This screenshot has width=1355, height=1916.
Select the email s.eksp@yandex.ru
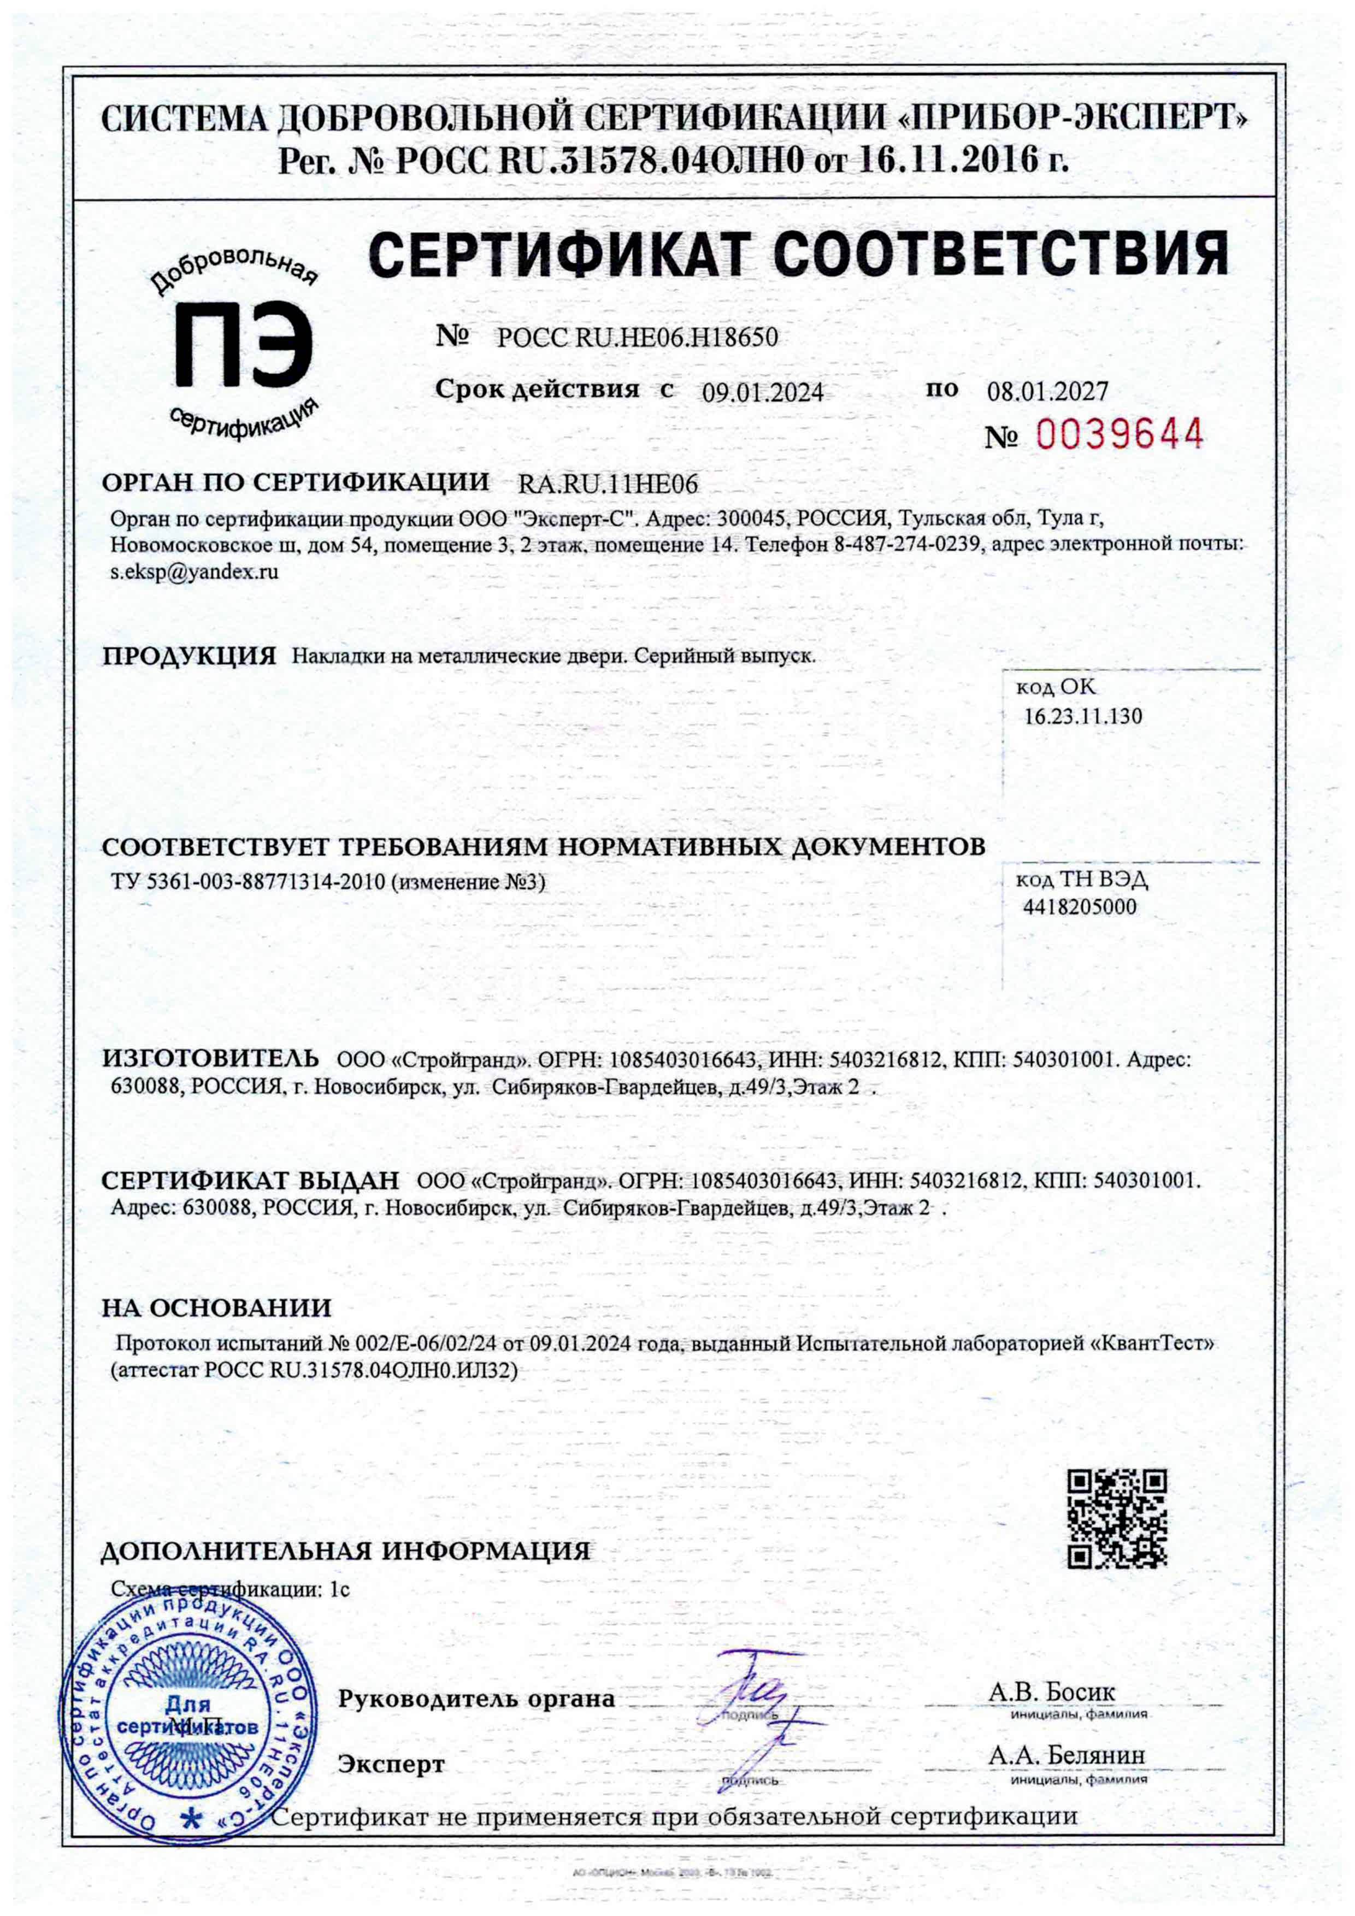point(195,573)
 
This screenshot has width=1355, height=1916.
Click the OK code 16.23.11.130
point(1083,716)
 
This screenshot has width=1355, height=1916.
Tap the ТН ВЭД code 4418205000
point(1080,907)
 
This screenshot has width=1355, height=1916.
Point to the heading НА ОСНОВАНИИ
point(216,1307)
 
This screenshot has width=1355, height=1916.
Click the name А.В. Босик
point(1051,1691)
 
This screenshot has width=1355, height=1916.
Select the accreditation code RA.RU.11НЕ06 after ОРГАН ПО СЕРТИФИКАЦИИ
point(608,484)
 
